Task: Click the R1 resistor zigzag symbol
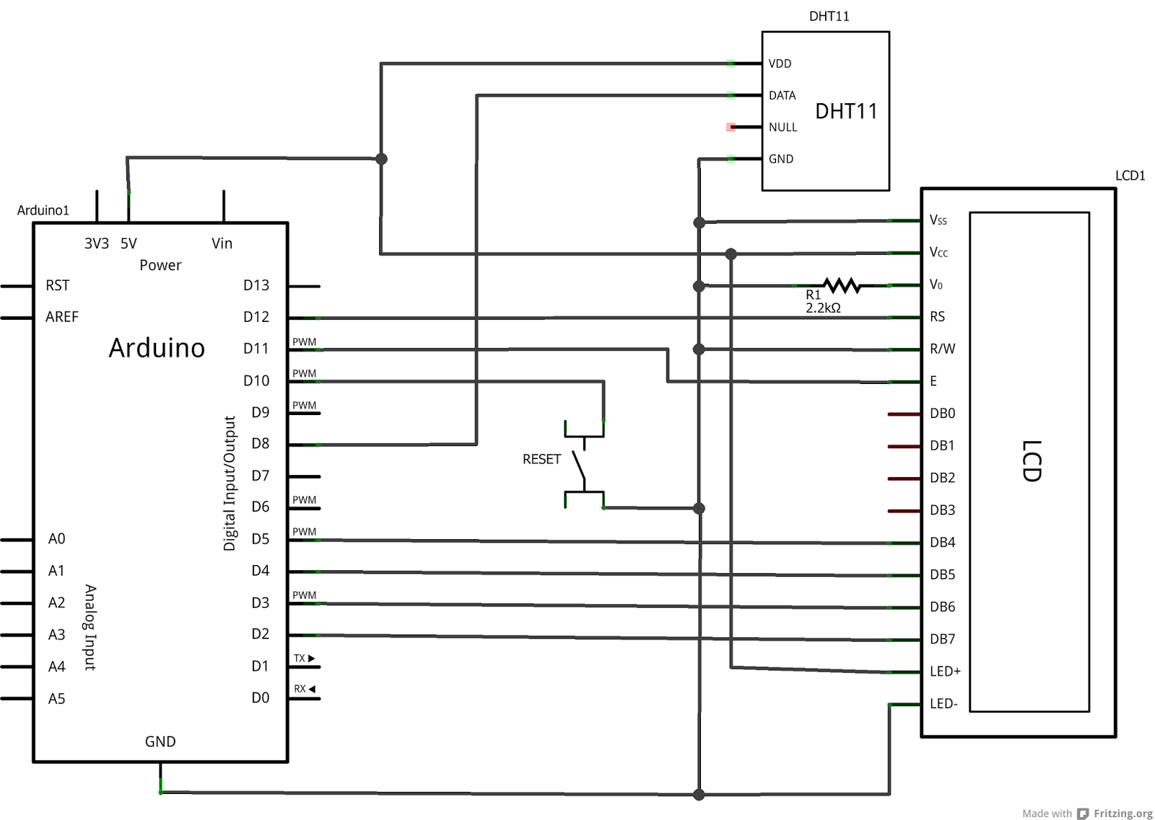click(842, 286)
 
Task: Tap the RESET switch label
click(541, 459)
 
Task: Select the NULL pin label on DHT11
click(783, 127)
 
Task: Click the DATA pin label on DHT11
click(782, 95)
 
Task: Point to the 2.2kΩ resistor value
click(823, 308)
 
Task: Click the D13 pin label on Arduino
click(256, 285)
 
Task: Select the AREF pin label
click(61, 317)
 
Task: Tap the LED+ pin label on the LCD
click(945, 671)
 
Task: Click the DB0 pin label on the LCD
click(942, 414)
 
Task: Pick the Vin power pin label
click(222, 243)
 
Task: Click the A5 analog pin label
click(56, 699)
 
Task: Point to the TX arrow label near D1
click(304, 658)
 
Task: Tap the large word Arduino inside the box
click(157, 348)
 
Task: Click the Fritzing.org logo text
click(1123, 814)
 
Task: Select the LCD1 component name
click(1130, 175)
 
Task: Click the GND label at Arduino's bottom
click(160, 741)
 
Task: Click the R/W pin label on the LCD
click(942, 349)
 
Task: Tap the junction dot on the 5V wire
click(381, 159)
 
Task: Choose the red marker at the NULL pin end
click(731, 127)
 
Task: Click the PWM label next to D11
click(304, 342)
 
